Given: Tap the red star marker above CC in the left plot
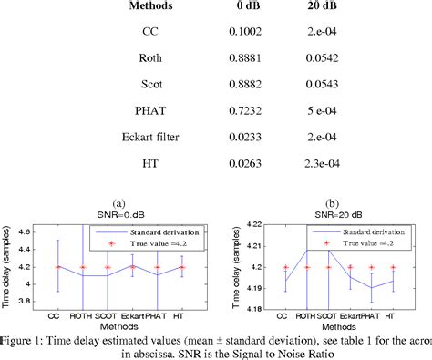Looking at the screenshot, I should point(59,267).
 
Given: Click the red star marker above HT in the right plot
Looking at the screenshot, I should point(392,267).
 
